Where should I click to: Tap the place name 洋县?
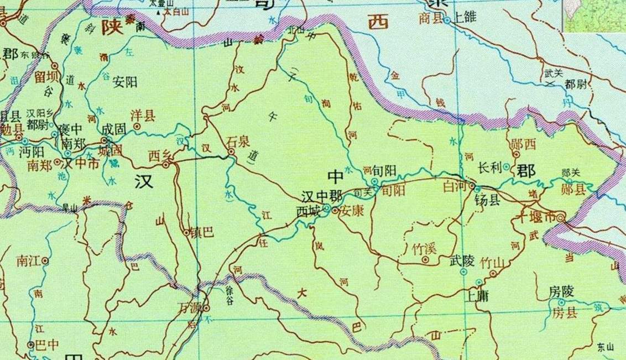click(x=142, y=116)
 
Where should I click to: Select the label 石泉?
click(x=239, y=142)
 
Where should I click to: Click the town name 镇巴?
click(x=201, y=233)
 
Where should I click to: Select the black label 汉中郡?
click(x=320, y=197)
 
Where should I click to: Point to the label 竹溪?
click(x=425, y=248)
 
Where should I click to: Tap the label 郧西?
click(x=523, y=146)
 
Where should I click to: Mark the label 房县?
click(x=564, y=313)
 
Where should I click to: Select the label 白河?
click(x=455, y=187)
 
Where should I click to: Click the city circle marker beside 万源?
click(x=206, y=307)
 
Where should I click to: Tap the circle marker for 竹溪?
click(x=425, y=259)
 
